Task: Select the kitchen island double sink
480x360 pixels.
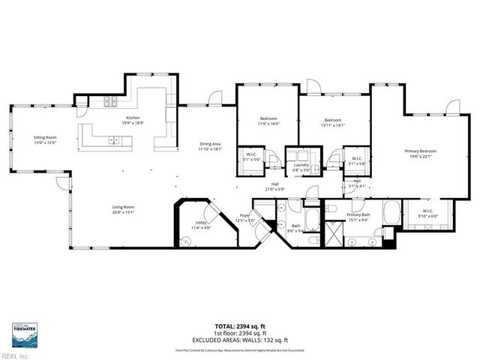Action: (114, 139)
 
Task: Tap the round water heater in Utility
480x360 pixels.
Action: (186, 241)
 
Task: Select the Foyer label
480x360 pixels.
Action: (245, 218)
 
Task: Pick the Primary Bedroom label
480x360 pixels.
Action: (420, 154)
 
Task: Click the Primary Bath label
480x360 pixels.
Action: (359, 217)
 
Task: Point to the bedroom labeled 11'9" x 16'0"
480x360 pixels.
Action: (269, 121)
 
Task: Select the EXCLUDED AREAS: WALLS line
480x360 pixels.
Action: (239, 340)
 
